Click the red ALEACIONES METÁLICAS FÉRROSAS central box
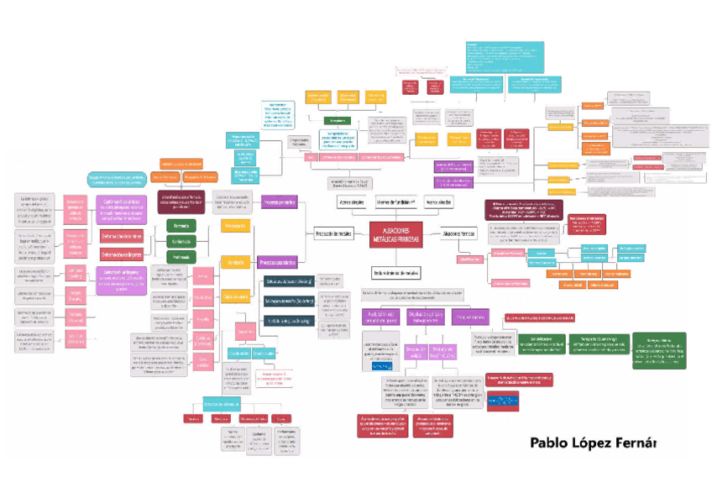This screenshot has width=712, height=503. (x=395, y=234)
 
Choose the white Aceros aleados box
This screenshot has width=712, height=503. (x=439, y=202)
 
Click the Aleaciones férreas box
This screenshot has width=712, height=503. (x=458, y=234)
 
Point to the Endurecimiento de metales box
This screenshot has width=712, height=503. (x=395, y=272)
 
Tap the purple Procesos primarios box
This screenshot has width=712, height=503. (x=279, y=202)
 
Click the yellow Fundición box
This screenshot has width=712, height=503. (x=234, y=262)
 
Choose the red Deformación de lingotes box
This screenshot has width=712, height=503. (x=122, y=253)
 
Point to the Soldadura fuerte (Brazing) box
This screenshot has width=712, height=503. (x=289, y=300)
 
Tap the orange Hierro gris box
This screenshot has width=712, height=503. (x=559, y=274)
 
